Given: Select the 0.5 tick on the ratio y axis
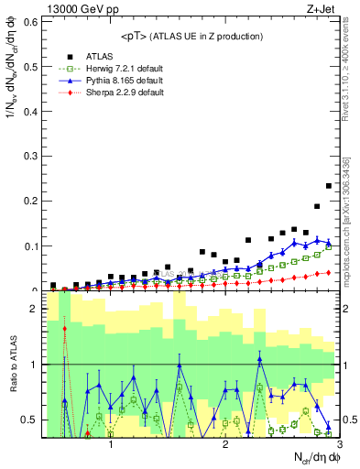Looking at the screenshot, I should point(32,420).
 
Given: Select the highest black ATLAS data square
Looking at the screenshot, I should point(329,186).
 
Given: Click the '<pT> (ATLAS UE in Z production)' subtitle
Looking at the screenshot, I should point(191,36).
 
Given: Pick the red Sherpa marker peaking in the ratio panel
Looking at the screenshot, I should point(65,328).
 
